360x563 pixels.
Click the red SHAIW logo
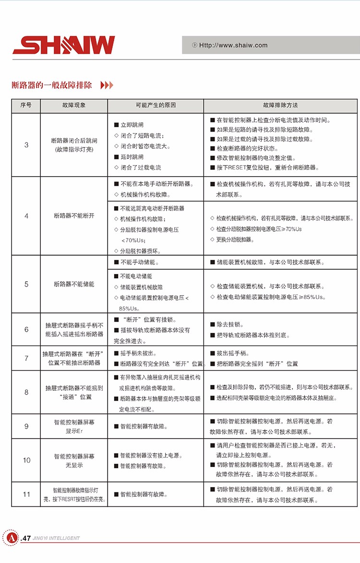pos(64,45)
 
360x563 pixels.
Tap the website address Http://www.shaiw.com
pos(233,45)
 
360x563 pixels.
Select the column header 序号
pos(26,105)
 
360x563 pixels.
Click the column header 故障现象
pos(74,105)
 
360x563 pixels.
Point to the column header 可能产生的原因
pos(156,105)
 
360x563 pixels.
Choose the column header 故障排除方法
pos(280,105)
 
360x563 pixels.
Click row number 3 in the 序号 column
pos(26,145)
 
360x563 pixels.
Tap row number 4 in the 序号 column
pos(26,216)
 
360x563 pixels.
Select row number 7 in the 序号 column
pos(26,359)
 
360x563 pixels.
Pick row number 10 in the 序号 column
pos(26,460)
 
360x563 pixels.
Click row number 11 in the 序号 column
pos(26,494)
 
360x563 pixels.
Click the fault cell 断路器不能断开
pos(74,216)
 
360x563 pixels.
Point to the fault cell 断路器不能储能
pos(74,284)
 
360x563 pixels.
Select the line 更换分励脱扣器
pos(235,240)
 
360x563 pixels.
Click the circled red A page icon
pos(10,537)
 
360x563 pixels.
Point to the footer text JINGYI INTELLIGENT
pos(56,538)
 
